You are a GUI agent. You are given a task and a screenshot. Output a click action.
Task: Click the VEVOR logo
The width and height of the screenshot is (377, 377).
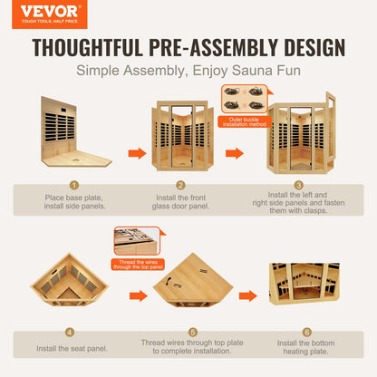coord(50,14)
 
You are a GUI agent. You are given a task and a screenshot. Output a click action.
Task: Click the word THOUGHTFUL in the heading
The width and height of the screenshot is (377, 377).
coord(88,47)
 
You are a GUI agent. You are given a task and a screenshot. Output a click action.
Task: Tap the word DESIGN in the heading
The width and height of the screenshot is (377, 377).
coord(314,47)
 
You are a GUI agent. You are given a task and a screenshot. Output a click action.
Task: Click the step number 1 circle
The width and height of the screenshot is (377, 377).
coord(74,185)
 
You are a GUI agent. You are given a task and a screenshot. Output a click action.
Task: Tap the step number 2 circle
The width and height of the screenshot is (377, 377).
coord(180,185)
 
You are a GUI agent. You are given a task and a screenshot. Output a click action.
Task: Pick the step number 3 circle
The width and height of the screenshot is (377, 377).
coord(298,185)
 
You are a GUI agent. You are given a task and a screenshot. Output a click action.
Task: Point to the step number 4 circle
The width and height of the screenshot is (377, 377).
coord(70,333)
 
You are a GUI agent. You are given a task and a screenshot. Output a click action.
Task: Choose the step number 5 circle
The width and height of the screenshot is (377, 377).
coord(193,333)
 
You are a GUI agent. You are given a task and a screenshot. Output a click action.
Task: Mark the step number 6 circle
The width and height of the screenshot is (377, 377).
coord(306,333)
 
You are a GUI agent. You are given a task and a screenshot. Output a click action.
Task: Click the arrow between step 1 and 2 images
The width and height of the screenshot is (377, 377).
coord(137,153)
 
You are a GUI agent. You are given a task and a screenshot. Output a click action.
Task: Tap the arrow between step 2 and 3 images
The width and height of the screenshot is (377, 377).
coord(235,153)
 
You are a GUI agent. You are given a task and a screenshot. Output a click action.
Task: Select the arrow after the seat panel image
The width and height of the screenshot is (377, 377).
coord(139,295)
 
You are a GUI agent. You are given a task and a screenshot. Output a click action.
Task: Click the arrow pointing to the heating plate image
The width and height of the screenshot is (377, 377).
coord(248,295)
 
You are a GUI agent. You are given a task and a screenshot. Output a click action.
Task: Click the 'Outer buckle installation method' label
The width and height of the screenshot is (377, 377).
coord(245,121)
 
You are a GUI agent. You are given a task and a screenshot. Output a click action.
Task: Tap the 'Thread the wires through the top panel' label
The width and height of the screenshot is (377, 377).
coord(138,265)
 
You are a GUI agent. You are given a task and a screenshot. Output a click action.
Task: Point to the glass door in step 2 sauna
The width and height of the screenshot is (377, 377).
coord(181,136)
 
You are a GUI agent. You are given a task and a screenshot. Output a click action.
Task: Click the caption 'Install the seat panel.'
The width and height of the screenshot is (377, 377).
coord(72,349)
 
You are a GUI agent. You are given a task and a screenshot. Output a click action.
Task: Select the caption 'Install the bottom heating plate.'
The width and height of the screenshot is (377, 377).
coord(305,347)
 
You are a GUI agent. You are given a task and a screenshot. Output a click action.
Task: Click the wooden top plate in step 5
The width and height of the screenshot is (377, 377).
coord(193,278)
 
